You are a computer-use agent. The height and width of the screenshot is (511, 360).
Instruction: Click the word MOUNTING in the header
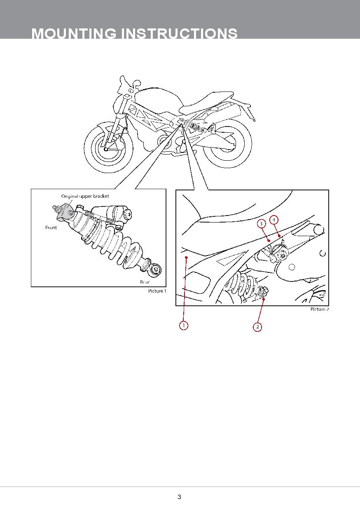tap(74, 33)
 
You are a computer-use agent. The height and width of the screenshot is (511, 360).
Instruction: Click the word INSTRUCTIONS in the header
tap(179, 33)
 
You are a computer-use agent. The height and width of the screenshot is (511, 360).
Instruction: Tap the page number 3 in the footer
tap(180, 497)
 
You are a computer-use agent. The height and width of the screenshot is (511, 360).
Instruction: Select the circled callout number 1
tap(184, 325)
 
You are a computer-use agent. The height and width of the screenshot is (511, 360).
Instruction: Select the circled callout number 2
tap(257, 327)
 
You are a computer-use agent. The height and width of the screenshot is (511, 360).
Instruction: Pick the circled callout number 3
tap(261, 223)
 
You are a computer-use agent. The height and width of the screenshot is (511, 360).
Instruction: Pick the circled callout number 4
tap(274, 220)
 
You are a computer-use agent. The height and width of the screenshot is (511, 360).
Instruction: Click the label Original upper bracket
tap(85, 196)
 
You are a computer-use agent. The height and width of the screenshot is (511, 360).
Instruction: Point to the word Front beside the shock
tap(51, 227)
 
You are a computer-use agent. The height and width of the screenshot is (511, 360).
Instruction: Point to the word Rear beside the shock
tap(145, 282)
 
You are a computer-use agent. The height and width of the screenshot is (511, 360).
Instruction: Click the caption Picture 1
tap(157, 291)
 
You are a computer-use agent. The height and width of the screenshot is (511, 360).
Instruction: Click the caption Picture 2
tap(320, 309)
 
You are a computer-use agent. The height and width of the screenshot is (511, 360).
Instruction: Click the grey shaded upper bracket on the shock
tap(65, 212)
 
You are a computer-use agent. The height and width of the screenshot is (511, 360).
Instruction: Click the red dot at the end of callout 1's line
tap(186, 258)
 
